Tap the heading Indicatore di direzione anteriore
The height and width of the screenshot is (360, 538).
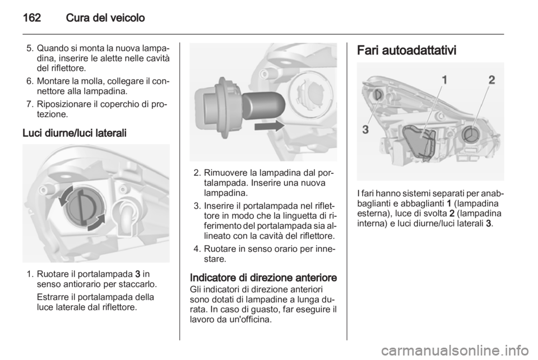click(263, 278)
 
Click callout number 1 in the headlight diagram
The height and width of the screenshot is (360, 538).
click(444, 81)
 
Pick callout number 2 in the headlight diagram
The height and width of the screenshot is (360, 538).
click(491, 80)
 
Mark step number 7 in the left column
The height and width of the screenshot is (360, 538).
click(29, 103)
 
